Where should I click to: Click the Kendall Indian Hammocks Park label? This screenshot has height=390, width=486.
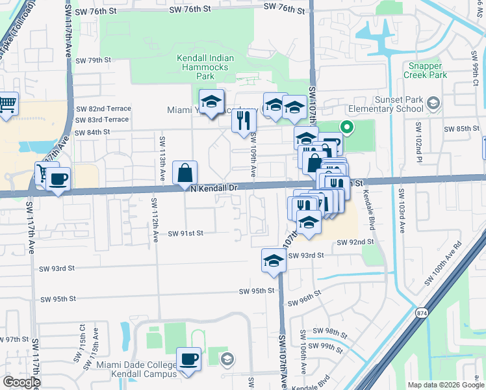coord(205,67)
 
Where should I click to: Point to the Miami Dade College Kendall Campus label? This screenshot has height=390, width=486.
coord(136,369)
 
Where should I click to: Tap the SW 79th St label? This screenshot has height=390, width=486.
coord(94,60)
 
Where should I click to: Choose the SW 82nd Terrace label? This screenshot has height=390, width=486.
coord(103,109)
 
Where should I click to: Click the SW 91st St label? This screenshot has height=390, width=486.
coord(186,233)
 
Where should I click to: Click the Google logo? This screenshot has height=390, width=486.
coord(21,382)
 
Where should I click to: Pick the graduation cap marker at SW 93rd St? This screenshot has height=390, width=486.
coord(274,261)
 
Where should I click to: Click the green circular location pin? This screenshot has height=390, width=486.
coord(346,127)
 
